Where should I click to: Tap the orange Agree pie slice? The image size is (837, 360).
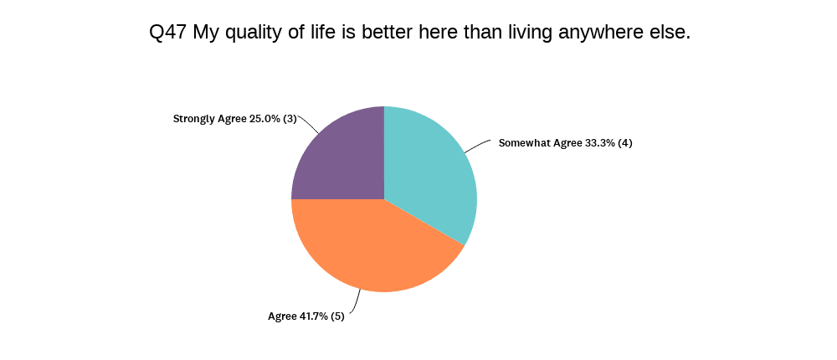point(373,245)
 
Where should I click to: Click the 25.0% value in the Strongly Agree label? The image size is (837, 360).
point(264,119)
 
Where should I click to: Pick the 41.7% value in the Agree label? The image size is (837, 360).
point(312,316)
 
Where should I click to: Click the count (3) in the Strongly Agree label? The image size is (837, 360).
point(290,119)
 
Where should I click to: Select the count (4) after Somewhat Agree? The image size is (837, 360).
point(624,143)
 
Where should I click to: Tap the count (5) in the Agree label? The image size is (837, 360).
point(337,316)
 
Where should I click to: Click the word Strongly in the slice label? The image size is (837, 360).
point(193,120)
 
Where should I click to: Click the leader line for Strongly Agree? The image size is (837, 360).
point(308,123)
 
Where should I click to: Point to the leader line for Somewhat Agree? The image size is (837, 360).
point(477,146)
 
